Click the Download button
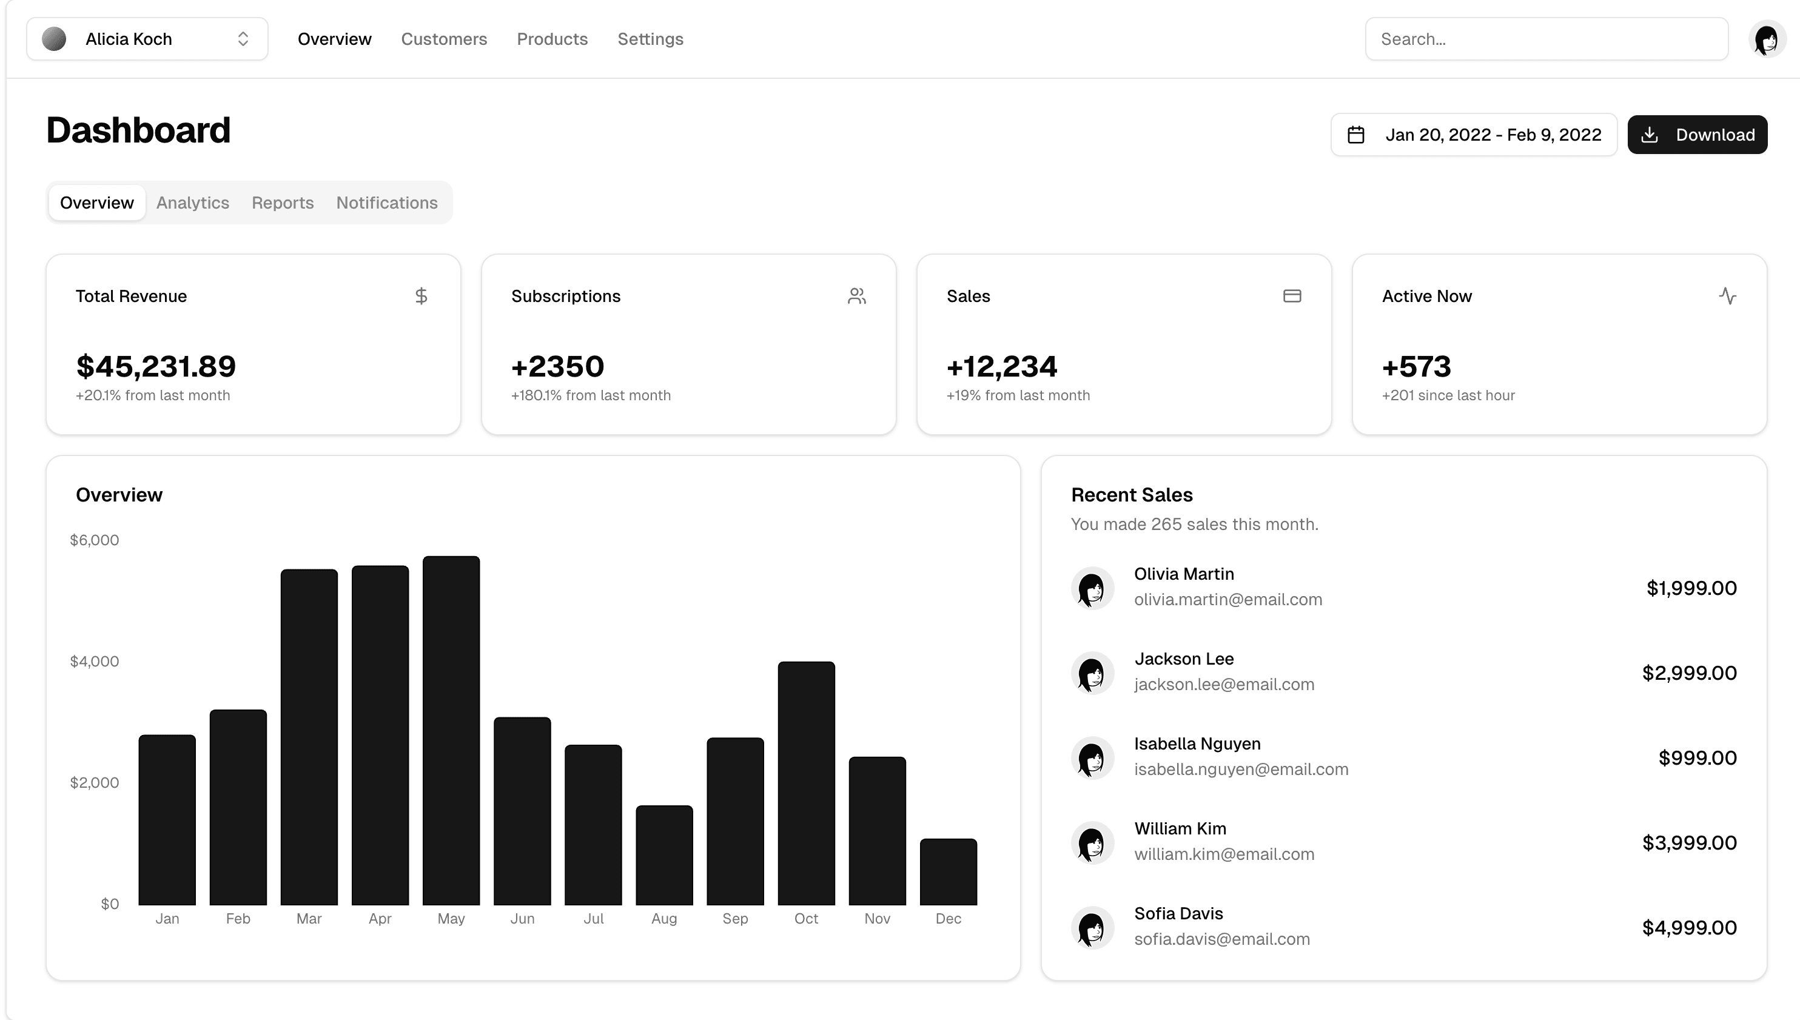pos(1696,135)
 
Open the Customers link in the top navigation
pos(443,39)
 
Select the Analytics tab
pos(193,203)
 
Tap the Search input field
pos(1546,39)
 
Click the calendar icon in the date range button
pos(1355,135)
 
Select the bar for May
pos(451,730)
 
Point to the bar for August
pos(664,854)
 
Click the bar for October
pos(805,782)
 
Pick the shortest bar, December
pos(948,871)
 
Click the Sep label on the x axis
pos(734,918)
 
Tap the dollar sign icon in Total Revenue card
pos(421,297)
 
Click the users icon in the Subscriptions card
pos(856,297)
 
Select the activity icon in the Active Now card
pos(1727,297)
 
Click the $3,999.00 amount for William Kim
pos(1688,843)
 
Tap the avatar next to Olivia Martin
pos(1092,588)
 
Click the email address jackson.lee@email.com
pos(1224,685)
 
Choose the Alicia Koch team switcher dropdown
pos(147,39)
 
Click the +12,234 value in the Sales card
pos(1001,366)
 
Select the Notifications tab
pos(386,203)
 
